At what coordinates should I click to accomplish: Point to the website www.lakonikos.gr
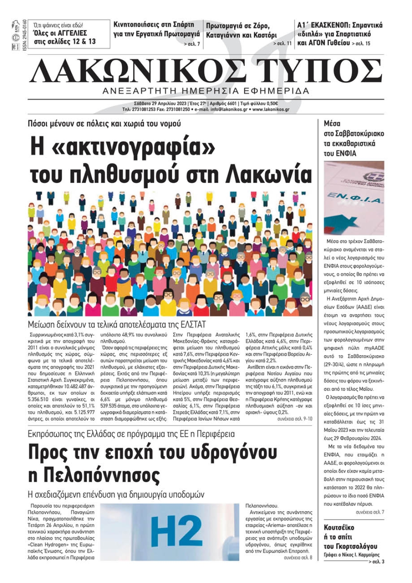(271, 110)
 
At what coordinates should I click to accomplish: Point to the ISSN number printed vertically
(24, 35)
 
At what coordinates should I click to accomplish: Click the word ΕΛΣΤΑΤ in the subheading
(191, 324)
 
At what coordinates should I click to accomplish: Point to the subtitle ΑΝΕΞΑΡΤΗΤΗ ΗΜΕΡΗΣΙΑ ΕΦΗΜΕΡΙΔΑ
(206, 91)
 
